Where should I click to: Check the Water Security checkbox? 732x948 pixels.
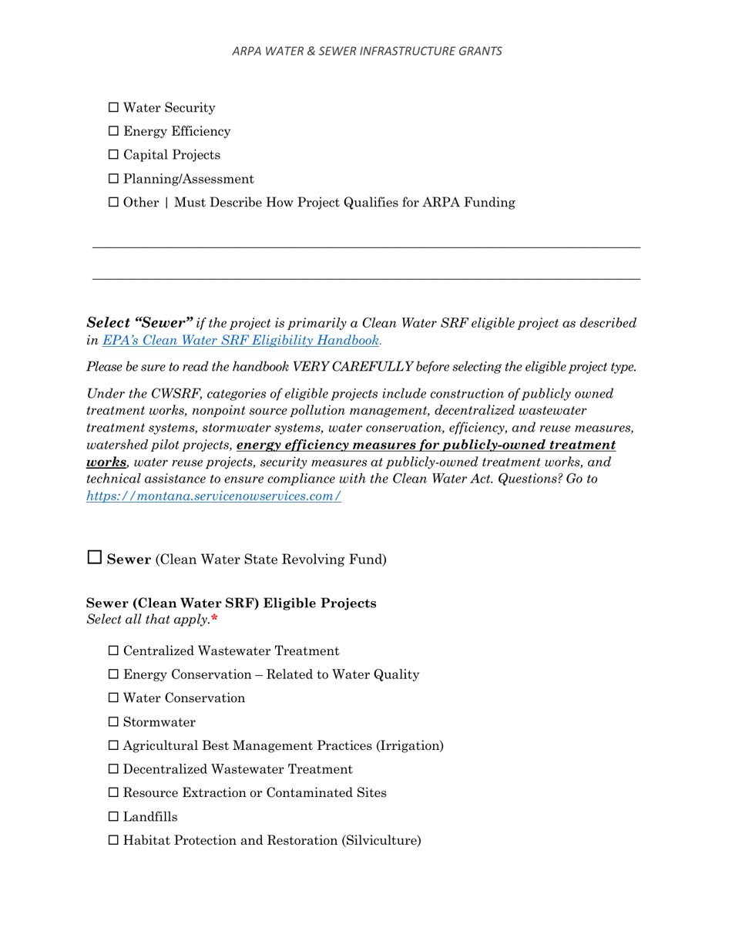pos(114,108)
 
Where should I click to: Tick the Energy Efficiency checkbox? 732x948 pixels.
pos(114,132)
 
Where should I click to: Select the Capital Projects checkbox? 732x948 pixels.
pos(114,156)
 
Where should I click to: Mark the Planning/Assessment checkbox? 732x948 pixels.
pos(114,180)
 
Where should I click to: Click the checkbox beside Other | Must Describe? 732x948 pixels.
pos(114,203)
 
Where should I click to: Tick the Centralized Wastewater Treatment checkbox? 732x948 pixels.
pos(114,651)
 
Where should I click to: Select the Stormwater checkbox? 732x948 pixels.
pos(114,723)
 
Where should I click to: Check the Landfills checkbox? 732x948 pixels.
pos(114,817)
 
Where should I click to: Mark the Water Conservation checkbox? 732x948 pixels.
pos(114,699)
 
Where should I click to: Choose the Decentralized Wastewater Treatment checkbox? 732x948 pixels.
pos(114,770)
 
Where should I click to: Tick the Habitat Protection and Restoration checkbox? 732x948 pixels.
pos(114,841)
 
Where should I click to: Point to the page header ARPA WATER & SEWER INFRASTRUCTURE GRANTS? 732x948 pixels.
pos(367,51)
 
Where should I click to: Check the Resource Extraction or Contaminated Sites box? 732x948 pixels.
pos(114,793)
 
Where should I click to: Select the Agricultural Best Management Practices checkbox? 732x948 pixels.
pos(114,746)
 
